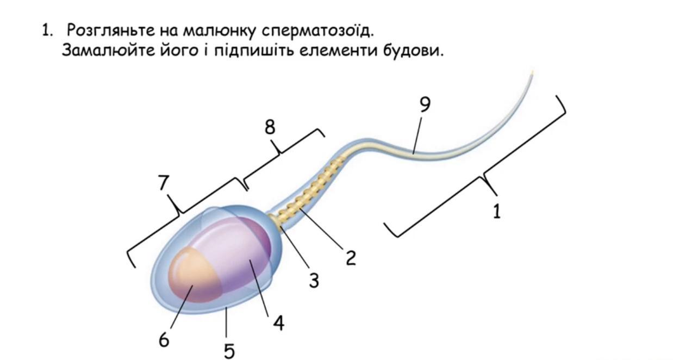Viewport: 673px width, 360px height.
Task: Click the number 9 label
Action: pos(425,104)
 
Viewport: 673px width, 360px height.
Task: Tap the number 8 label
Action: pos(270,127)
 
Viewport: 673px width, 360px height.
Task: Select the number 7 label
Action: pos(164,183)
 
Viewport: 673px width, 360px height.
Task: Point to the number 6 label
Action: pos(164,340)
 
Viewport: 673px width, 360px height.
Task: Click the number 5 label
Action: pos(229,351)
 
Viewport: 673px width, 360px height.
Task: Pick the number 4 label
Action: pos(278,324)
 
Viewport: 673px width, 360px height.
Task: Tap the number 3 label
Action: pos(314,281)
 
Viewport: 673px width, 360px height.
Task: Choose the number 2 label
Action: pos(351,258)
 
